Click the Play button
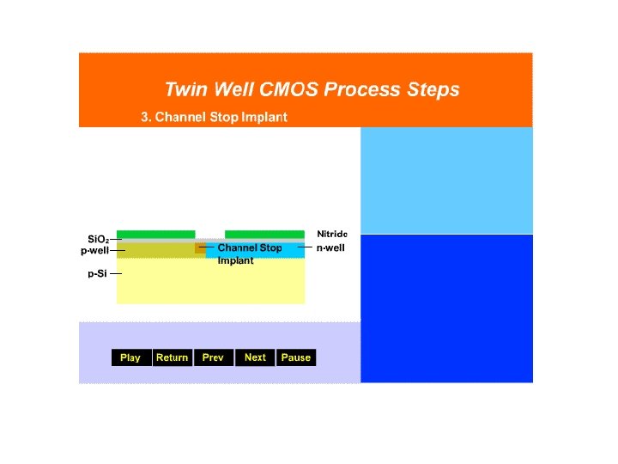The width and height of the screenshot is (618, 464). (130, 357)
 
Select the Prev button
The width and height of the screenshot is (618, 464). (213, 357)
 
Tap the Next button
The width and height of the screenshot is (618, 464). (255, 357)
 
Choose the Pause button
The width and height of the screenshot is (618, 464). (296, 357)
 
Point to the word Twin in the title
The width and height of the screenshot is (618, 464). (184, 89)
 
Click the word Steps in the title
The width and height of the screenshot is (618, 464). (433, 89)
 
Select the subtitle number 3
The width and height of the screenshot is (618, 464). (145, 117)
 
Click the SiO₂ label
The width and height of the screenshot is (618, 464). (98, 239)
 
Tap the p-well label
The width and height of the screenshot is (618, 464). (95, 251)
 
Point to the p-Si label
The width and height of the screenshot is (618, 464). (97, 274)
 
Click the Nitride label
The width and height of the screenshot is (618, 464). (332, 234)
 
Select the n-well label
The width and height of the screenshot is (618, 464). (330, 247)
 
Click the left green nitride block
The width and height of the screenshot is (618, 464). (155, 235)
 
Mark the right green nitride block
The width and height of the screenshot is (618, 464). (264, 235)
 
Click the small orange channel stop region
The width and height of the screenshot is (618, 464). (200, 249)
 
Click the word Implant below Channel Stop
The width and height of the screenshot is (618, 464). (235, 260)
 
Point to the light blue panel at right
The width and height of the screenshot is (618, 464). (446, 180)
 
